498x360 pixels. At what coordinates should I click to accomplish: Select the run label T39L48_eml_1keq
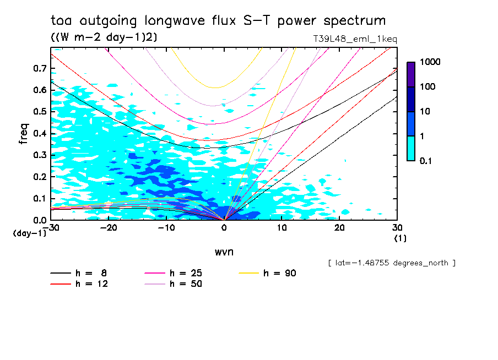tap(354, 39)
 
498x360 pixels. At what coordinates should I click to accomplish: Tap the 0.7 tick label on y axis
tap(40, 68)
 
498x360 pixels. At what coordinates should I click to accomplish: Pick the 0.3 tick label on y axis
tap(40, 155)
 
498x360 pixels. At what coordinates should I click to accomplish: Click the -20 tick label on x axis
tap(109, 228)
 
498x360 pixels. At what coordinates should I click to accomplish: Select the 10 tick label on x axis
tap(282, 228)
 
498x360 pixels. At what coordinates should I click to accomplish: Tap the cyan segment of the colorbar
tap(411, 148)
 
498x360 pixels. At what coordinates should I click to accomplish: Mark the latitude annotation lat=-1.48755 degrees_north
tap(392, 263)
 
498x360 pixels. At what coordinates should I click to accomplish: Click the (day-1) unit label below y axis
tap(30, 233)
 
